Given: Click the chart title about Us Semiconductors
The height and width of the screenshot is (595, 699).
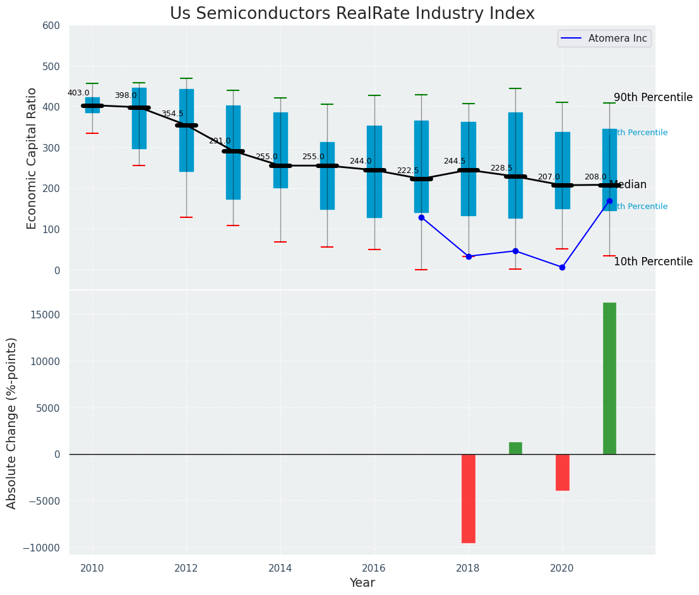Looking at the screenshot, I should pos(352,14).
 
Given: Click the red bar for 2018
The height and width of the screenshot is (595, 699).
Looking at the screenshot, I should pos(469,498).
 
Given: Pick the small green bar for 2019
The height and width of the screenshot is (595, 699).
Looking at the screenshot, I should pos(515,448).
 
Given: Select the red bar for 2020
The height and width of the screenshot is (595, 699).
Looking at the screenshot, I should pos(562,472).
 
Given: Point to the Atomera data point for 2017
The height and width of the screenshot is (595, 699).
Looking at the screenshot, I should pos(421,217).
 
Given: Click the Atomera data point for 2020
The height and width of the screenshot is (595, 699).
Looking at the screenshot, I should pos(562,267).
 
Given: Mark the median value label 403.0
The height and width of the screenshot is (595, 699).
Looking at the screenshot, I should pos(78,93).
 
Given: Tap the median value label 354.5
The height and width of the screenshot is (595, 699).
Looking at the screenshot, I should pos(172,114).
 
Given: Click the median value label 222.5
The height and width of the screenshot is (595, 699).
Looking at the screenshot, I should pos(408,171).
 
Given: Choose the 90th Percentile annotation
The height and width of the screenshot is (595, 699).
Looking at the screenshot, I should pos(653,98).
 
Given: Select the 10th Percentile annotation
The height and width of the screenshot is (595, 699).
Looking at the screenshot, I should pos(653,261).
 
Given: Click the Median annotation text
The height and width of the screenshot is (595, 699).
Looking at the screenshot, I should pos(628,185).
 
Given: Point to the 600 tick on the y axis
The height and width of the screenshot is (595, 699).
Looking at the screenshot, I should pos(51,25).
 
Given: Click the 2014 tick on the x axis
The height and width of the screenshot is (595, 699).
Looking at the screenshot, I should pos(280,568).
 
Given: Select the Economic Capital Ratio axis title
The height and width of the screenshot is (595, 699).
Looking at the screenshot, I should pos(32,157).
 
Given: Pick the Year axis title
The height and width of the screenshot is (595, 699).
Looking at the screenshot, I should pos(362,583).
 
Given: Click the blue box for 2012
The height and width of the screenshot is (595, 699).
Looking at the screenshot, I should pos(186,130).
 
